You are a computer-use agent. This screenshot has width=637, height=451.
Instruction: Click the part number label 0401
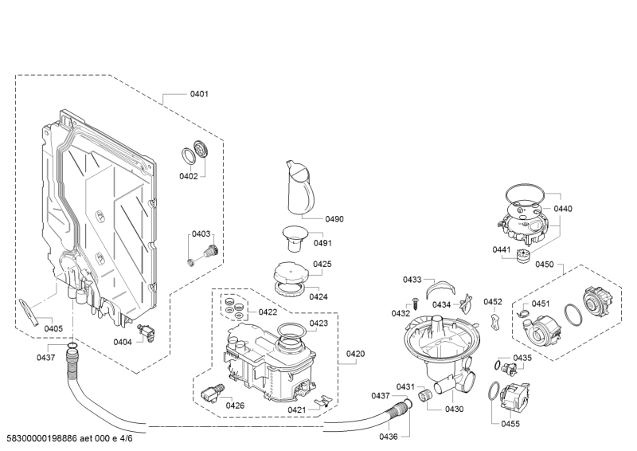coord(199,94)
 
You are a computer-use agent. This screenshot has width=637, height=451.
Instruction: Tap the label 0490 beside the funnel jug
coord(334,219)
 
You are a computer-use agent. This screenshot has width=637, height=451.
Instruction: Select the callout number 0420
coord(355,354)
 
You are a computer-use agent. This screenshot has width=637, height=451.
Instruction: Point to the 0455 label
coord(510,424)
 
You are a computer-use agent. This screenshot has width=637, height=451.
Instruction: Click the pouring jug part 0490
coord(301,187)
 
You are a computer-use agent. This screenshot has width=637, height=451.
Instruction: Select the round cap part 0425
coord(289,272)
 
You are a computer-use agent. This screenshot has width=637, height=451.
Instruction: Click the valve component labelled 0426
coord(213,393)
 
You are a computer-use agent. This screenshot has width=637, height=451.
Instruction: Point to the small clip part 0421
coord(324,400)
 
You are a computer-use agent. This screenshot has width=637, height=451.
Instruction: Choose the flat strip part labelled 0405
coord(29,312)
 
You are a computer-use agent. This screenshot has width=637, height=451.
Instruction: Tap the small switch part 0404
coord(147,332)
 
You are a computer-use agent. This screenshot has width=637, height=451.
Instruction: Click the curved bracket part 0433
coord(441,288)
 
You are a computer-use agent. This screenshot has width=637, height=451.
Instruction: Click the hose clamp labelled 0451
coord(522,312)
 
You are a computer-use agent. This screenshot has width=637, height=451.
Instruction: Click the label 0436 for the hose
coord(389,437)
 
